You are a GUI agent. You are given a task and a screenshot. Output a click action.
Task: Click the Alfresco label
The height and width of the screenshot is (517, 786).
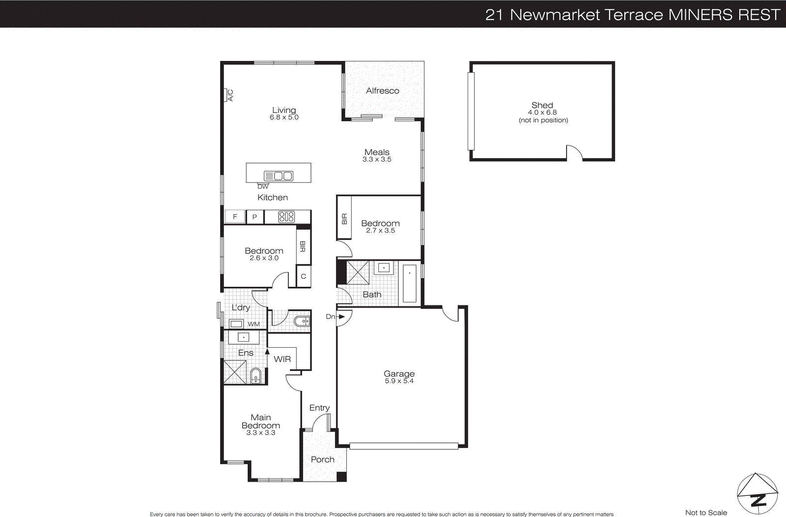(x=382, y=91)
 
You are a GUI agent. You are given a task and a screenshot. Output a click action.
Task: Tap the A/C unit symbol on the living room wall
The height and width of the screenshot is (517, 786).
(x=229, y=95)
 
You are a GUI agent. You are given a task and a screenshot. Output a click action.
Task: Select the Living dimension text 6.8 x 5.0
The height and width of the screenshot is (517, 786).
(x=284, y=117)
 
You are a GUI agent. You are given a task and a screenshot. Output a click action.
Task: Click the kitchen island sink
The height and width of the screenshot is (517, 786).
(x=279, y=176)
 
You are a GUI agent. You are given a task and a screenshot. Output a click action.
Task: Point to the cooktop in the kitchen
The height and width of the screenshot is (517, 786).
(x=286, y=217)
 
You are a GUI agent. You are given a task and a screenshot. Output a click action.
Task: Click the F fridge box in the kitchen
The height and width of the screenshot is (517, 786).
(x=235, y=217)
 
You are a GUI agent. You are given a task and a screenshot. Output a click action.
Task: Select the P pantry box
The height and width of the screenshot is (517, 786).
(x=254, y=217)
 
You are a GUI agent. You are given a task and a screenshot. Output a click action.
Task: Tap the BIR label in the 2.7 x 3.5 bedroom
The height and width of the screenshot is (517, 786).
(x=344, y=219)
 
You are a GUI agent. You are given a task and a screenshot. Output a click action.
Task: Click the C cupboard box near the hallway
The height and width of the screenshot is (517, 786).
(x=304, y=276)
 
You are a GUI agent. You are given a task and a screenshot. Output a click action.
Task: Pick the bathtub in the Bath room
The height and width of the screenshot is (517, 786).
(x=409, y=283)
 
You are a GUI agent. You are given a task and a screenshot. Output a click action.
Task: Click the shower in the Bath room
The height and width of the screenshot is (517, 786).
(x=358, y=273)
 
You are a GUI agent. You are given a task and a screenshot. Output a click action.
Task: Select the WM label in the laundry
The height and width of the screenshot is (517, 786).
(x=253, y=324)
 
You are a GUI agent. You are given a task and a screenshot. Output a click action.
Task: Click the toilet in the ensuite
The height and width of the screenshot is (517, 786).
(x=256, y=376)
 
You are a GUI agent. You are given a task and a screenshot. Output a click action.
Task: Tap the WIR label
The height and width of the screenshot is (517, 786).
(x=282, y=359)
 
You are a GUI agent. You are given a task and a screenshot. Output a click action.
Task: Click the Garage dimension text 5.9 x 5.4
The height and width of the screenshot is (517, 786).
(x=399, y=381)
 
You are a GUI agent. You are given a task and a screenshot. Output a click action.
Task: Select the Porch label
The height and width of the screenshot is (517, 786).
(x=322, y=460)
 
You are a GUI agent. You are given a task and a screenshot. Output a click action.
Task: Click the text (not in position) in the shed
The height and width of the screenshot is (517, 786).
(x=543, y=120)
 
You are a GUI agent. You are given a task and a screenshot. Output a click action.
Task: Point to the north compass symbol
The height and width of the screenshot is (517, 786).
(x=757, y=493)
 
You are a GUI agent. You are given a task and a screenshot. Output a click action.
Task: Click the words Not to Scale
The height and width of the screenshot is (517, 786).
(x=706, y=513)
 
